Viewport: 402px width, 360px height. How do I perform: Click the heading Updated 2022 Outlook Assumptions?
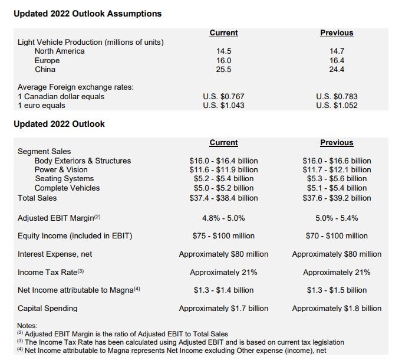(x=87, y=13)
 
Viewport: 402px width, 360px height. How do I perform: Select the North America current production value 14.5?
(x=223, y=51)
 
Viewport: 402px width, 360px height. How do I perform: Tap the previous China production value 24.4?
(x=337, y=70)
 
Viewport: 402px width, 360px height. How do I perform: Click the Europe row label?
(x=47, y=60)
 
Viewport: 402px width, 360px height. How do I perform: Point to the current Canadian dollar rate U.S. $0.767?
(x=223, y=97)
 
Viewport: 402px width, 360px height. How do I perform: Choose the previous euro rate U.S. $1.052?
(x=337, y=106)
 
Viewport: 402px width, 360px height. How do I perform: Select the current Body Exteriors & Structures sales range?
(x=223, y=161)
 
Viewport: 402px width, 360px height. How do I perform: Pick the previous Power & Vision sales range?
(x=337, y=169)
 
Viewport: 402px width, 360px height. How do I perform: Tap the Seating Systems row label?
(x=64, y=179)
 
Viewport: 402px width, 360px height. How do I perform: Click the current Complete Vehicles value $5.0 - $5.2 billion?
(x=223, y=188)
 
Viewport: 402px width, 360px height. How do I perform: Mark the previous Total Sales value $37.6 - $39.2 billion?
(x=337, y=198)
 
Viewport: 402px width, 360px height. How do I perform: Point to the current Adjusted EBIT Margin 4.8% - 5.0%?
(x=223, y=218)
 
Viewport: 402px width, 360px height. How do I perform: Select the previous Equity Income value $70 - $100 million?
(x=337, y=236)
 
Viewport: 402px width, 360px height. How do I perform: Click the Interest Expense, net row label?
(x=55, y=254)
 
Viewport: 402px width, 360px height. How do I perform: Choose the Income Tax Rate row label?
(x=52, y=272)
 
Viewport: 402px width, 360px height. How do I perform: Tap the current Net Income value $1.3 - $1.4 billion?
(x=223, y=290)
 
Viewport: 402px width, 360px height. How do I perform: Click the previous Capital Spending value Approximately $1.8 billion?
(x=337, y=308)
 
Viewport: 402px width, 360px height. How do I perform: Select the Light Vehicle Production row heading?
(x=91, y=42)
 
